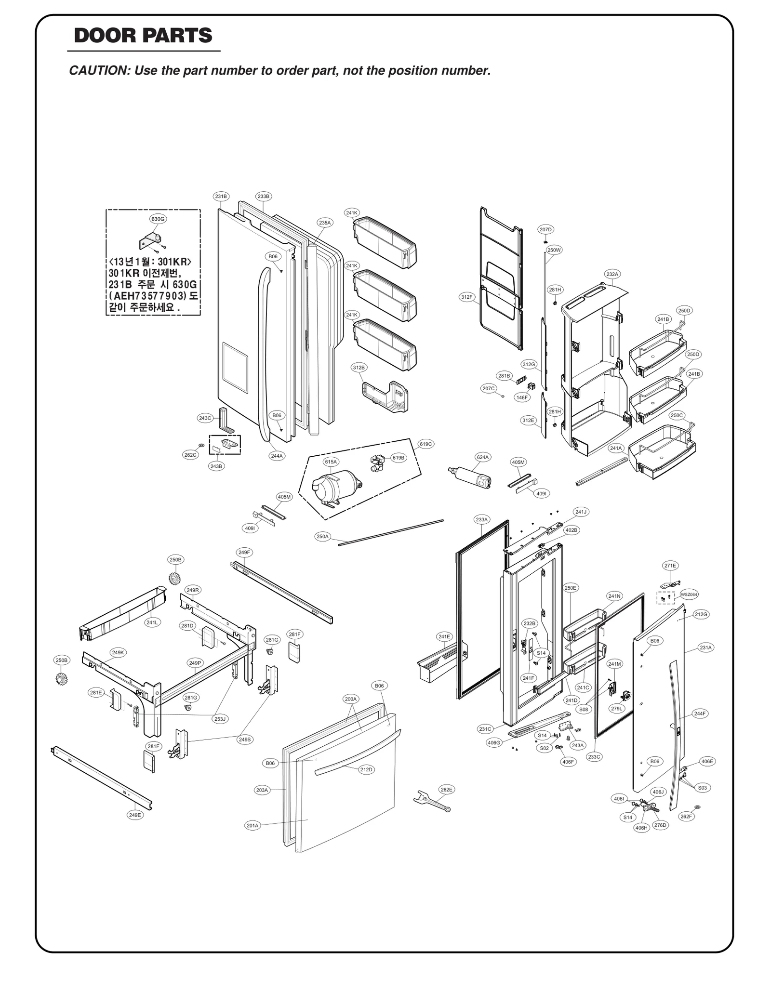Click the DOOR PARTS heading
coord(143,36)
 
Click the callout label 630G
coord(158,219)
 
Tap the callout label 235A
coord(325,223)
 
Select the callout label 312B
coord(359,368)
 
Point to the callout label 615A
coord(331,462)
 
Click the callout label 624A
coord(482,457)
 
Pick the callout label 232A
coord(612,274)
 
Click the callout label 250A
coord(322,536)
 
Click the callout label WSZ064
coord(689,594)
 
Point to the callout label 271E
coord(670,566)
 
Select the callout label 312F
coord(466,297)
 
